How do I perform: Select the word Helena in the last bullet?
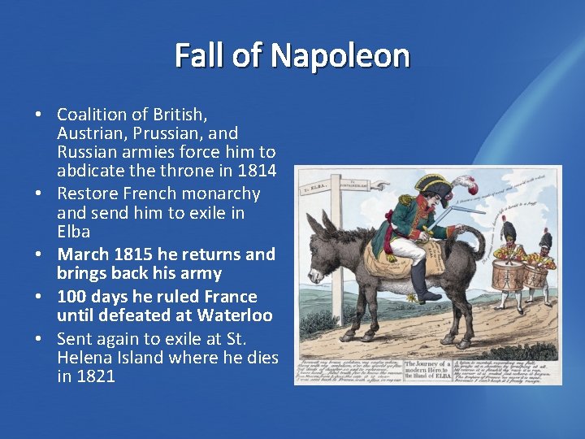(84, 358)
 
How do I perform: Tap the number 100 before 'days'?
(72, 297)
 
